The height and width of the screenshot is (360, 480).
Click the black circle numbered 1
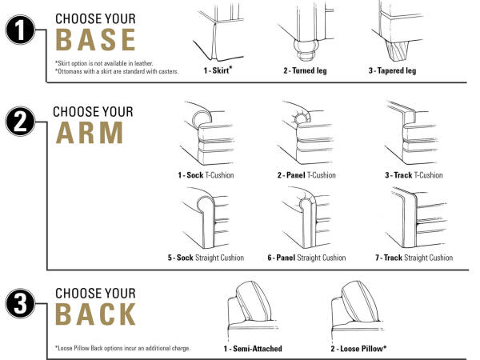pyautogui.click(x=20, y=30)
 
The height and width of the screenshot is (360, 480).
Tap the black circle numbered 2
pyautogui.click(x=20, y=122)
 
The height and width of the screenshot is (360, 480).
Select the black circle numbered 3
pyautogui.click(x=20, y=303)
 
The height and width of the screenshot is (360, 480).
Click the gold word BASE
pyautogui.click(x=95, y=40)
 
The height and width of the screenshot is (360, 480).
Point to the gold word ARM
pyautogui.click(x=90, y=133)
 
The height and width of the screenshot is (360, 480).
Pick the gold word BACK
pyautogui.click(x=95, y=314)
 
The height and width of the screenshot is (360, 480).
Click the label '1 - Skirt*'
pyautogui.click(x=218, y=70)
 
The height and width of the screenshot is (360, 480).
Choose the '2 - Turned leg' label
pyautogui.click(x=305, y=70)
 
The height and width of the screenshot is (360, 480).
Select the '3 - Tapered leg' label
pyautogui.click(x=392, y=70)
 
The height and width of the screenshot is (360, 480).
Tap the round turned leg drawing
pyautogui.click(x=306, y=49)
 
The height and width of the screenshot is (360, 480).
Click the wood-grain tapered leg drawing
pyautogui.click(x=397, y=51)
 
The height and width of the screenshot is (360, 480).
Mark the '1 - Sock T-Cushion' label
pyautogui.click(x=206, y=175)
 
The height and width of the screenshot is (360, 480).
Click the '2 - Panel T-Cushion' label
pyautogui.click(x=306, y=175)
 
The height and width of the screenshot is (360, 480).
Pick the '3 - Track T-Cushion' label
pyautogui.click(x=414, y=175)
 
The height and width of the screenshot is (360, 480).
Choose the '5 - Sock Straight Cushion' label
pyautogui.click(x=206, y=258)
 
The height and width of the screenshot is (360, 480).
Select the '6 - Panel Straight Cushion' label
pyautogui.click(x=306, y=258)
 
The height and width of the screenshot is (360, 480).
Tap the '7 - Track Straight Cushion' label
pyautogui.click(x=414, y=258)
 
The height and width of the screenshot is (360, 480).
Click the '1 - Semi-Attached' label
pyautogui.click(x=253, y=349)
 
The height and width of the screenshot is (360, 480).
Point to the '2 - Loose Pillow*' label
pyautogui.click(x=358, y=348)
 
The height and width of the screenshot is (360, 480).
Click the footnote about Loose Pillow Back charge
pyautogui.click(x=122, y=348)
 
